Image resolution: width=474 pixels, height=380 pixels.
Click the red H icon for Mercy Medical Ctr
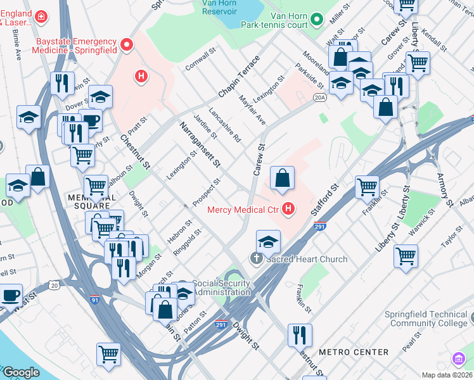point(289,208)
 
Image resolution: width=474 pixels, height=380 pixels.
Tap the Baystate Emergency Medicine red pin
point(127,45)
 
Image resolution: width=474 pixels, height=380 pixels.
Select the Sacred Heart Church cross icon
point(256,258)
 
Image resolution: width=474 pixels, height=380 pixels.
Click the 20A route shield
point(319,98)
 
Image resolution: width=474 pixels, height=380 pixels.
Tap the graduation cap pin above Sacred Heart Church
point(269,243)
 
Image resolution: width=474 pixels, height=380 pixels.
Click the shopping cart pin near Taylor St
point(406,257)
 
